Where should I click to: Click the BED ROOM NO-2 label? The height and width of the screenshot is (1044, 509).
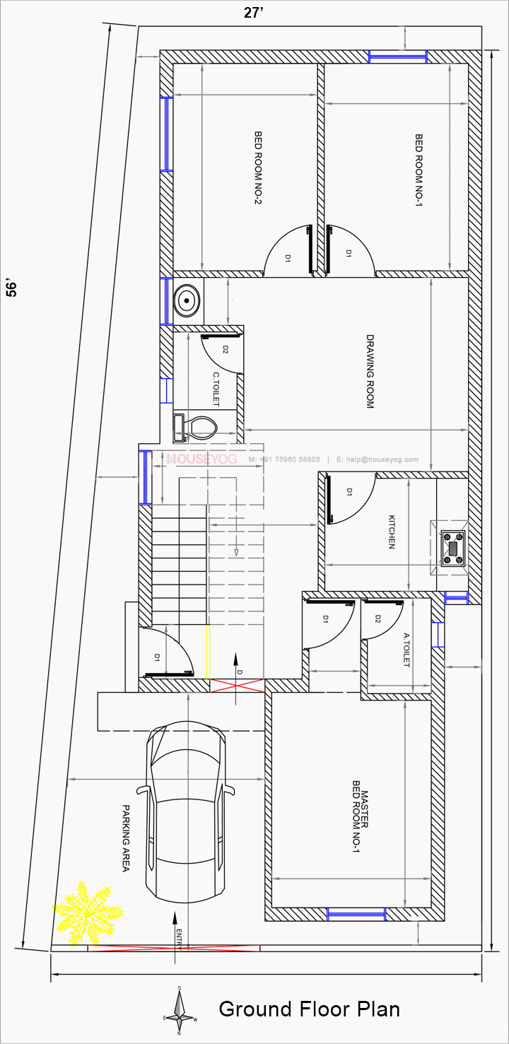pyautogui.click(x=259, y=167)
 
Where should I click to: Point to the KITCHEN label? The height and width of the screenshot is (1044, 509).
pyautogui.click(x=391, y=532)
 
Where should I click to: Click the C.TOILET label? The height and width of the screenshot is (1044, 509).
pyautogui.click(x=216, y=389)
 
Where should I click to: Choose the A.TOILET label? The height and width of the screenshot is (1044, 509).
pyautogui.click(x=406, y=650)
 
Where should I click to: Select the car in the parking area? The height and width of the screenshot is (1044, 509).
pyautogui.click(x=185, y=813)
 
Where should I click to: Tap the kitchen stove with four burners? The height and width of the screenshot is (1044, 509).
pyautogui.click(x=452, y=548)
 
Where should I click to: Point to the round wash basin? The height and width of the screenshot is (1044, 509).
pyautogui.click(x=187, y=300)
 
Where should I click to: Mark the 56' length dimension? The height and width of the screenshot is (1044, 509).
pyautogui.click(x=12, y=287)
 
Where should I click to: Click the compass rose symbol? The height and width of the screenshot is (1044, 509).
pyautogui.click(x=180, y=1011)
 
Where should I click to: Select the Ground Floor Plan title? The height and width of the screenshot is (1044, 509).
pyautogui.click(x=309, y=1009)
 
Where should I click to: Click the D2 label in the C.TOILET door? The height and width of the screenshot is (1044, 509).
pyautogui.click(x=226, y=349)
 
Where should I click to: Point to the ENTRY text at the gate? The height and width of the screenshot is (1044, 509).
pyautogui.click(x=180, y=937)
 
